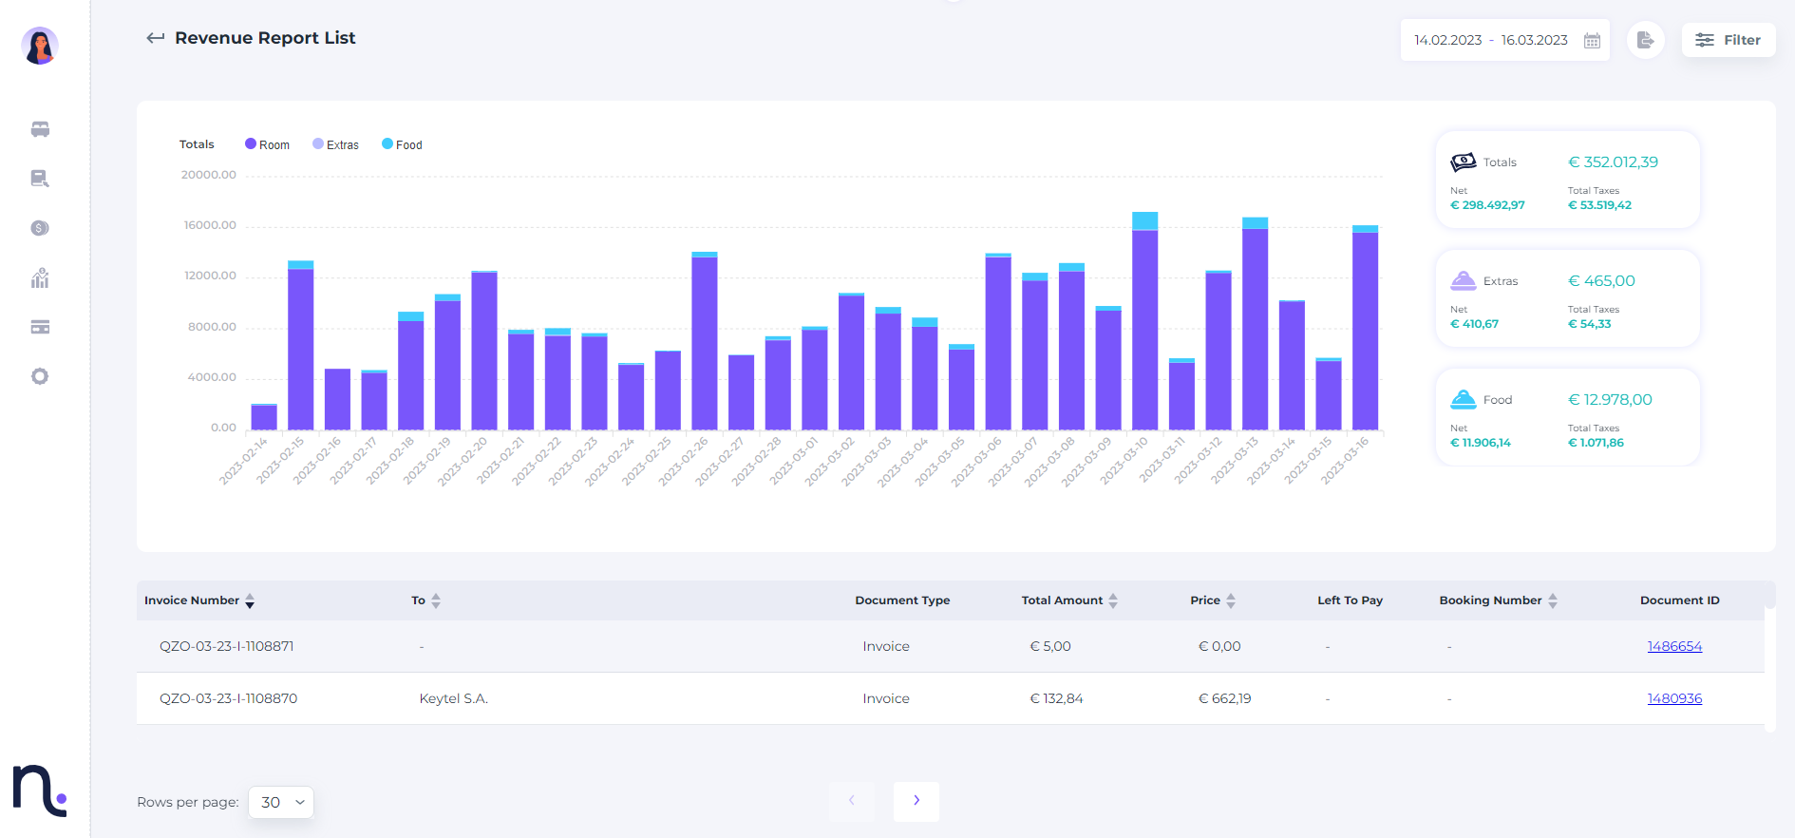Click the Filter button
point(1728,40)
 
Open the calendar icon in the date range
point(1593,41)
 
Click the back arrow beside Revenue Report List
point(155,38)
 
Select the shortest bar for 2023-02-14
point(264,417)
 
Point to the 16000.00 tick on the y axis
point(210,225)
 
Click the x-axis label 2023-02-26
point(684,462)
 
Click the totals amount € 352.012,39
point(1613,162)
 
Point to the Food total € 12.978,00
point(1610,400)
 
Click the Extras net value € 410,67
point(1474,324)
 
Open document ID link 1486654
point(1674,646)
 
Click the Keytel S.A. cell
point(454,698)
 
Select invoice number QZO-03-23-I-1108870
point(228,698)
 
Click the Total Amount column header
point(1062,600)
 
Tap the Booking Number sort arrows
point(1553,600)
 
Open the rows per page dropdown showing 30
point(281,802)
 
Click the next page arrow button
point(916,801)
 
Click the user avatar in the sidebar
point(40,46)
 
